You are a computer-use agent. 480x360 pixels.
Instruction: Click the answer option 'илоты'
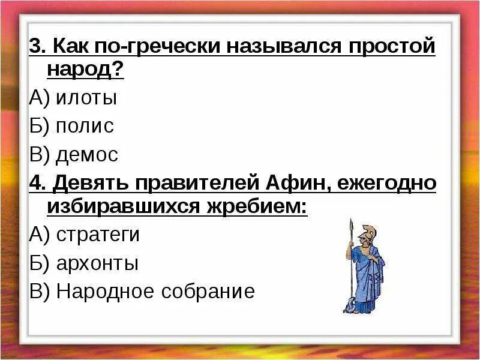click(x=86, y=98)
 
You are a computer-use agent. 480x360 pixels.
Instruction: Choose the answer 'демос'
click(x=87, y=155)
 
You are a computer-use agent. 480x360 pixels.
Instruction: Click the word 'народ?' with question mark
click(x=85, y=70)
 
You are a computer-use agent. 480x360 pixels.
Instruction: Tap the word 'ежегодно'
click(x=385, y=184)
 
